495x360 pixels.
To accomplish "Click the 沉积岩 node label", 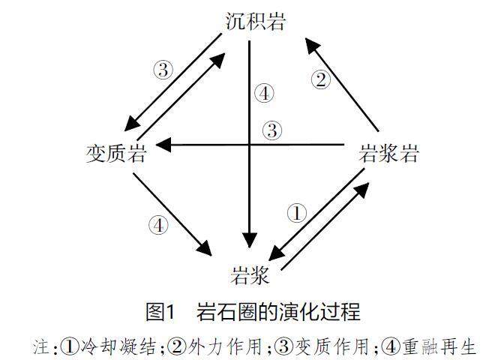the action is [x=255, y=21].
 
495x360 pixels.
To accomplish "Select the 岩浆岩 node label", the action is [x=388, y=154].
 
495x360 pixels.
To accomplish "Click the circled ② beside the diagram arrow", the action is [x=321, y=79].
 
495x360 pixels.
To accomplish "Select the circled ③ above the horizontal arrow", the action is [x=271, y=130].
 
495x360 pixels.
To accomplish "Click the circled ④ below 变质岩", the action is [x=158, y=224].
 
